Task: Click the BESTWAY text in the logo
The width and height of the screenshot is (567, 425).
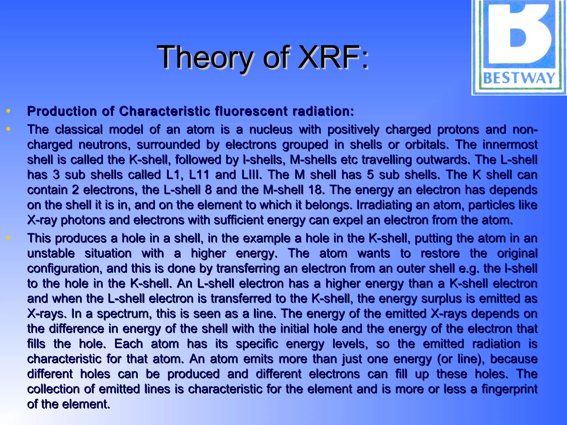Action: point(519,78)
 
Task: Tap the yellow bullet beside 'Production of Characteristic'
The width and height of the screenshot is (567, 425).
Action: point(8,111)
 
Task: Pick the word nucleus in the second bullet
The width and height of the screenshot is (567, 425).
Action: point(270,129)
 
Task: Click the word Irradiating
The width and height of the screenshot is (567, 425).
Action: point(385,205)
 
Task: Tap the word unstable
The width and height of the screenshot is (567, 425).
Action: point(51,253)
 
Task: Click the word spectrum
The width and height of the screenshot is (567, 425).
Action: point(123,314)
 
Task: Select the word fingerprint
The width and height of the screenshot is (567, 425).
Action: point(509,389)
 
